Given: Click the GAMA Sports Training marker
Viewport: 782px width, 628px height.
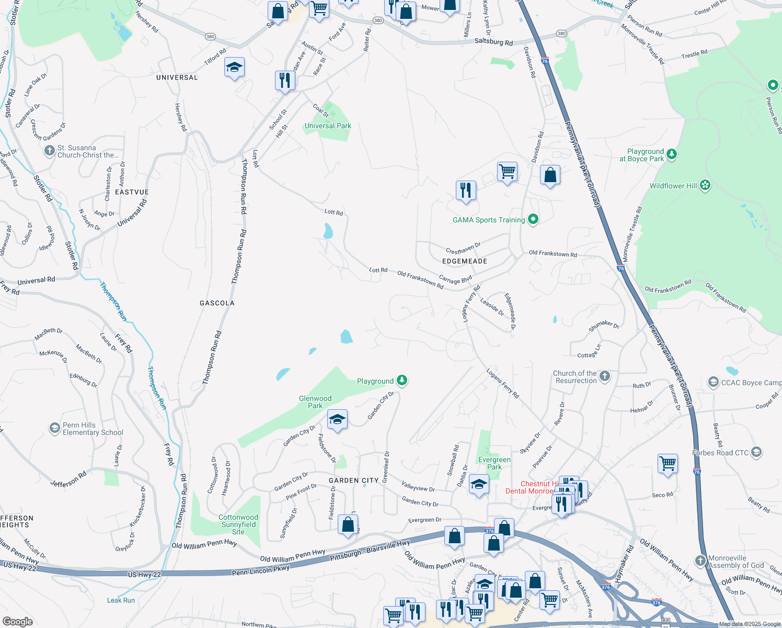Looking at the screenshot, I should click(x=533, y=220).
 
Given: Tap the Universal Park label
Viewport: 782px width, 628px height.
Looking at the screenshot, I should click(x=328, y=126).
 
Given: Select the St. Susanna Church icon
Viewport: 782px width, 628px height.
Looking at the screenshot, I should click(x=49, y=151).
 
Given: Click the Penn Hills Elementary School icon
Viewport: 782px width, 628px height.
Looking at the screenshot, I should click(x=54, y=429).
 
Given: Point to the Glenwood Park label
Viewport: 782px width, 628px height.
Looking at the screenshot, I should click(x=315, y=402).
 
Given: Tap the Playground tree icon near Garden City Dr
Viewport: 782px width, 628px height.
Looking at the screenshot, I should click(x=401, y=381).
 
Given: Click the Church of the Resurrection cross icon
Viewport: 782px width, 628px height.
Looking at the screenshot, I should click(x=604, y=376).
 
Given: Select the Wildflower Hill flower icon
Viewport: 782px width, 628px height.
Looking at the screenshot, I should click(x=705, y=185).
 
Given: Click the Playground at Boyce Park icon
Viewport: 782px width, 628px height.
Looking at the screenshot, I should click(x=672, y=154).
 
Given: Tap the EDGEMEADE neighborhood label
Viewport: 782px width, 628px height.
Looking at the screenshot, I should click(x=465, y=261).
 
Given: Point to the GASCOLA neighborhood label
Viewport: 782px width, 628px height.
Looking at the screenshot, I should click(x=217, y=303).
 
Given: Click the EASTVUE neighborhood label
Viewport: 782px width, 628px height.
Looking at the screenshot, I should click(x=132, y=192).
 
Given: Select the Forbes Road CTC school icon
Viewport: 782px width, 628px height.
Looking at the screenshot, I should click(x=756, y=452).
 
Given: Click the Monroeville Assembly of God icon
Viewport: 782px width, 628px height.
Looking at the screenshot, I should click(x=700, y=561).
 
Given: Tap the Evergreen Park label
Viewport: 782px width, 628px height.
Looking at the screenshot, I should click(x=494, y=463).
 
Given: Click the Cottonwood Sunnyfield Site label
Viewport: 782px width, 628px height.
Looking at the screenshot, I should click(x=238, y=524).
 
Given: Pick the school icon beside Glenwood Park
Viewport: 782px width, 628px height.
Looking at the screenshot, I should click(x=337, y=419).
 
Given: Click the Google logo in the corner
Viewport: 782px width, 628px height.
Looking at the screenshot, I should click(x=17, y=621).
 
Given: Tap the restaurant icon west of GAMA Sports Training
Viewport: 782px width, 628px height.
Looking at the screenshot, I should click(x=465, y=190).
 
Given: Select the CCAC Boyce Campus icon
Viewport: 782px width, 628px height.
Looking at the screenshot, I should click(x=714, y=383).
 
